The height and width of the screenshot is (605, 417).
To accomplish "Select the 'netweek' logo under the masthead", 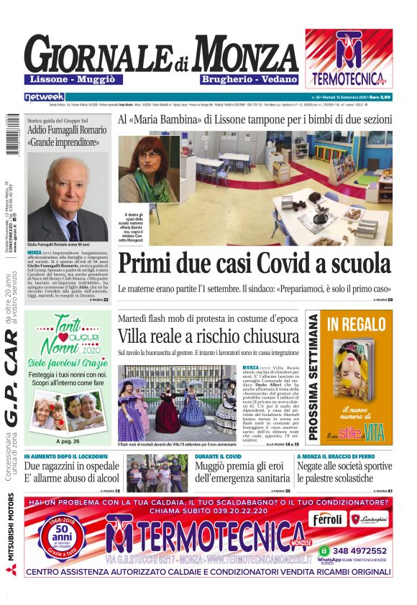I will tap(44, 96).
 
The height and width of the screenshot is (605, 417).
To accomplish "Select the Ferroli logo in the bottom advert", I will tap(329, 518).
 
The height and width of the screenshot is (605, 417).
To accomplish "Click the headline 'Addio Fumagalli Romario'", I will tap(66, 130).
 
